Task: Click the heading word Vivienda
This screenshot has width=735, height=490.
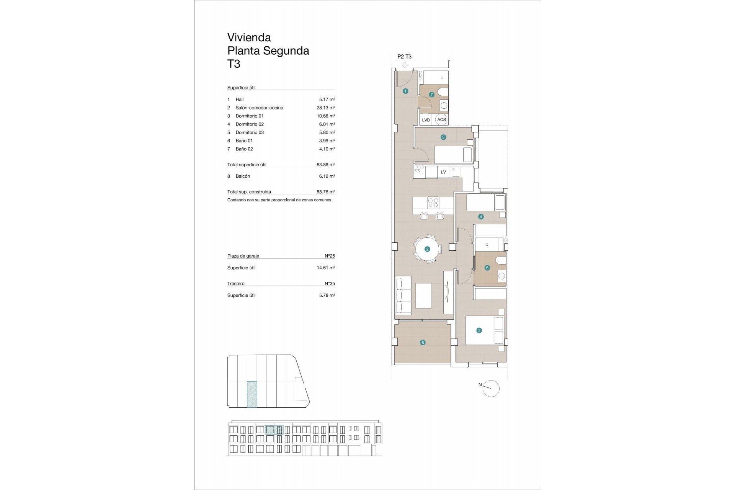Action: point(249,38)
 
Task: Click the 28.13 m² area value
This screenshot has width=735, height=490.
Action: point(325,108)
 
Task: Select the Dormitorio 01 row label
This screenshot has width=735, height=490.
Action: point(249,116)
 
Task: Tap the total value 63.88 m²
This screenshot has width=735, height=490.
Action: point(325,165)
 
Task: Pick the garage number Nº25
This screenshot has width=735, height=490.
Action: point(330,256)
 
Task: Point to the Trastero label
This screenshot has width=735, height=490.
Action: point(236,284)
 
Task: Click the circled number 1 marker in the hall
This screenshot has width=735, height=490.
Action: point(405,91)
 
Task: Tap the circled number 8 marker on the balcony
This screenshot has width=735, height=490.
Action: point(423,343)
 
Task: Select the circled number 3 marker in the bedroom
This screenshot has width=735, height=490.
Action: point(479,330)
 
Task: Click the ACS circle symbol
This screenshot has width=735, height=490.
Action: point(441,119)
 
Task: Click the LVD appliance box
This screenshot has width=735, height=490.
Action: point(426,120)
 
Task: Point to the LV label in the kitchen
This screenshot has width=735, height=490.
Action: point(443,172)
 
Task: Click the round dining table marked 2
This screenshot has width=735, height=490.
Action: point(427,249)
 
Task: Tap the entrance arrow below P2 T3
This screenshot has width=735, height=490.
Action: point(404,65)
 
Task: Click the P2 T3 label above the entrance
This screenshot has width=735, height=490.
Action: point(404,57)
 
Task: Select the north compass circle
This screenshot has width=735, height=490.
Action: point(491,389)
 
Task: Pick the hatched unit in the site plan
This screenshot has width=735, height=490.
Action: point(252,394)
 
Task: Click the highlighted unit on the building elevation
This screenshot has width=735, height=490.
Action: point(274,430)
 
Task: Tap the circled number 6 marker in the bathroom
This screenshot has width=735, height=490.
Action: point(487,268)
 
